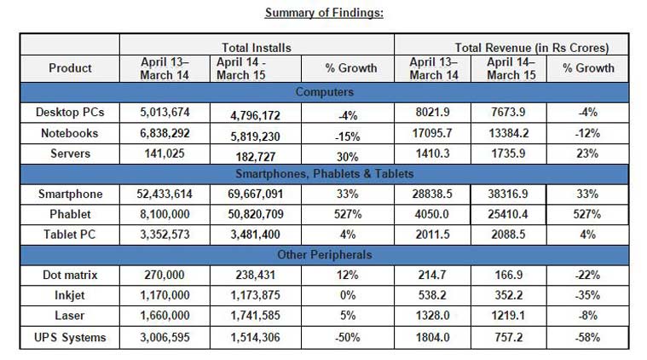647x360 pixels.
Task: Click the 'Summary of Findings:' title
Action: click(323, 12)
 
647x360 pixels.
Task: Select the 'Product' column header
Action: click(70, 68)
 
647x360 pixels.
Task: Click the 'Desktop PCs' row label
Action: click(70, 112)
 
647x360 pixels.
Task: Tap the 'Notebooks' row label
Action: click(70, 133)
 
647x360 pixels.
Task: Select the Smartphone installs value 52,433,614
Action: click(164, 195)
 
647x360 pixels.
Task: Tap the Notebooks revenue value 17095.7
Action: click(433, 133)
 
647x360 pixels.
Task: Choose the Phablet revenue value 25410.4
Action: click(511, 215)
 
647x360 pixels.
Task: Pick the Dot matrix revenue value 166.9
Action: click(511, 276)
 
